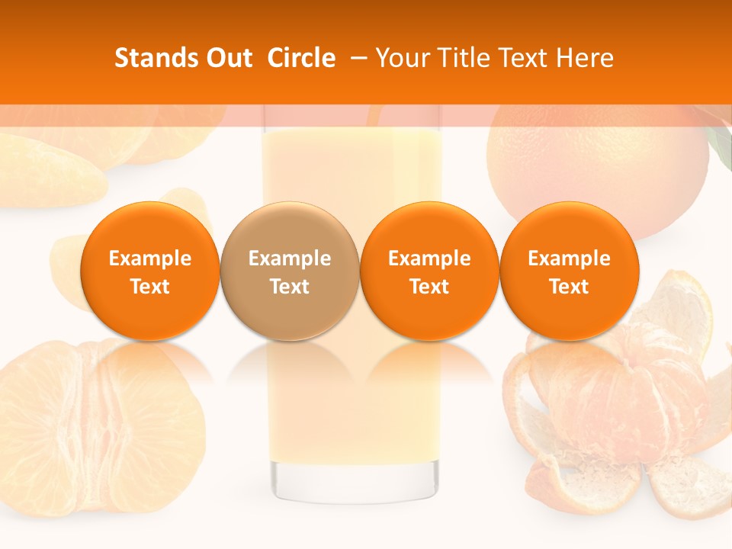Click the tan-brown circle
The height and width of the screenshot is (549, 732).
point(290,271)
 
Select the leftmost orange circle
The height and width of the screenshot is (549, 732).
point(150,271)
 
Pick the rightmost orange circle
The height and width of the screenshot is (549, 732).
point(569,271)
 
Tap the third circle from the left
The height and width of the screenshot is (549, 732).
point(429,271)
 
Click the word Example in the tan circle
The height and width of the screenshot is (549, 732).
point(290,258)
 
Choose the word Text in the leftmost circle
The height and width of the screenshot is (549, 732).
point(150,287)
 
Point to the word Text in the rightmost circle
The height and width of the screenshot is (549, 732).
point(569,287)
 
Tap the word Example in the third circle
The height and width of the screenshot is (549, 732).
point(429,258)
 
